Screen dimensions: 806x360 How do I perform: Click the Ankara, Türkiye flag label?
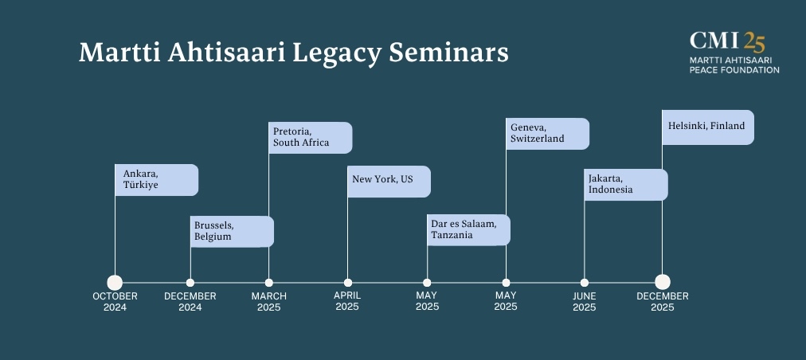coord(156,180)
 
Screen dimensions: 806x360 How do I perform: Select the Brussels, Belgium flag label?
coord(232,232)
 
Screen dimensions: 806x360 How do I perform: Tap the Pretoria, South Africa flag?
coord(311,138)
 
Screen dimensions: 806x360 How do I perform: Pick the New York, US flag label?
coord(389,182)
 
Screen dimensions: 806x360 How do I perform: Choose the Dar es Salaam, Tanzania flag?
coord(469,230)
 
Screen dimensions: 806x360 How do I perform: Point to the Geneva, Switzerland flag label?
coord(547,134)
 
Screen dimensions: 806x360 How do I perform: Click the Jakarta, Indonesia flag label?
coord(626,185)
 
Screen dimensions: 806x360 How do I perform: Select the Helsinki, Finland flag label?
coord(708,127)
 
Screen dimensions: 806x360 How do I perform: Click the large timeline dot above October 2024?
coord(115,282)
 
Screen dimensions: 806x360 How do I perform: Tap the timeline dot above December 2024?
coord(190,282)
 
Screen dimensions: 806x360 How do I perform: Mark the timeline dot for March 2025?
coord(269,282)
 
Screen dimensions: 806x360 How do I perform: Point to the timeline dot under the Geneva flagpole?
coord(506,282)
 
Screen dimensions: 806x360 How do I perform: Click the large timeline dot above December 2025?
coord(663,282)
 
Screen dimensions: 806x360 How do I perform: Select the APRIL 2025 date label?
coord(347,301)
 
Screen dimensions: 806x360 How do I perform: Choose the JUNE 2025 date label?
coord(585,302)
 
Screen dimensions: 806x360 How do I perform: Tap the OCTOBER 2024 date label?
coord(115,302)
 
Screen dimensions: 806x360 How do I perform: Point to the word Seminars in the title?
coord(448,52)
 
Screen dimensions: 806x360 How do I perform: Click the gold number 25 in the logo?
coord(754,41)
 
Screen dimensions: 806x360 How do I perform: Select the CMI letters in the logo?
coord(714,40)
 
